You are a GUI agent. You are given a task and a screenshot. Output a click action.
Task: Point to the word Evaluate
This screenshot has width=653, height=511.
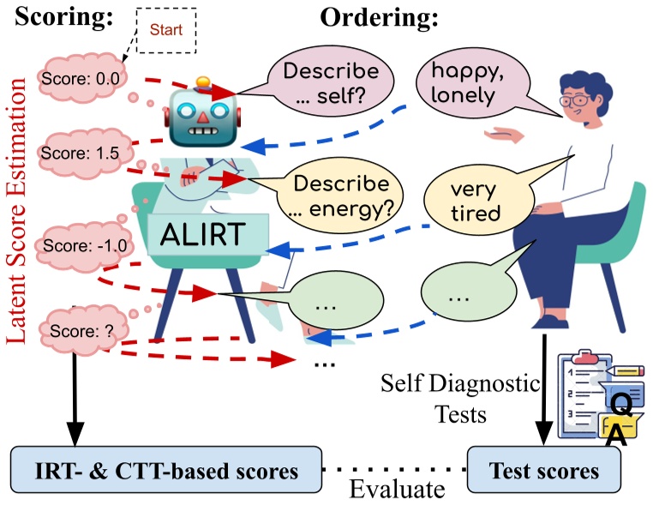tap(397, 490)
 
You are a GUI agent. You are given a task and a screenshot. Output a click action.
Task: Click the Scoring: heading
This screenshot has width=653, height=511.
tap(62, 17)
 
